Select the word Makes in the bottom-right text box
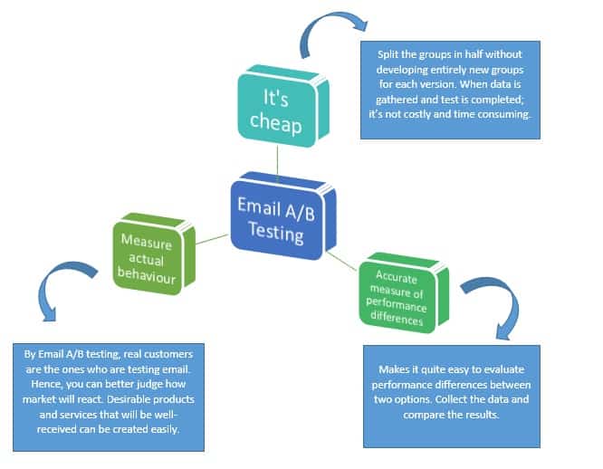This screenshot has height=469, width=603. pyautogui.click(x=393, y=369)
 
